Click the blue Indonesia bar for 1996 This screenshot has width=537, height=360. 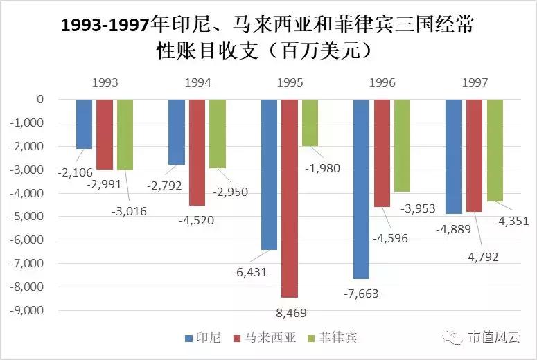(361, 188)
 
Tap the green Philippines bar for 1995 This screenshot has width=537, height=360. (310, 123)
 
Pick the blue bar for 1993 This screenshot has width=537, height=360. (84, 124)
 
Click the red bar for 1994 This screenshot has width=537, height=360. (197, 152)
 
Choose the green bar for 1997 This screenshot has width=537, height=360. (495, 150)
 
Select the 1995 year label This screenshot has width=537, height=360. (289, 82)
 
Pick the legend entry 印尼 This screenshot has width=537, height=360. (203, 338)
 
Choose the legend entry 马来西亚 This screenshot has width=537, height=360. (267, 338)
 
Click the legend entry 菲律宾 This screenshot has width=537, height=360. (337, 338)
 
